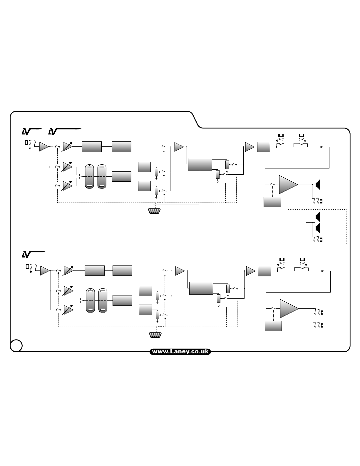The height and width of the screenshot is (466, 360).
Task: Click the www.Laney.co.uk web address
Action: click(180, 352)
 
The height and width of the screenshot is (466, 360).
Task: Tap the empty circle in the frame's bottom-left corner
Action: click(16, 345)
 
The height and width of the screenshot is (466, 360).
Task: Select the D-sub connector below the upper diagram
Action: click(154, 211)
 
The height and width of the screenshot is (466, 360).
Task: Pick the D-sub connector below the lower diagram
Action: click(155, 335)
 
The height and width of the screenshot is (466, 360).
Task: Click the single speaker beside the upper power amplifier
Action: click(317, 185)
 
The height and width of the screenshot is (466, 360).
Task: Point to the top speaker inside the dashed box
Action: click(317, 217)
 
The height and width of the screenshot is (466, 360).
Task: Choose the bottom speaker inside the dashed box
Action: click(317, 228)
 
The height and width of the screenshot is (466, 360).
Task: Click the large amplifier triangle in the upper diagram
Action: click(288, 185)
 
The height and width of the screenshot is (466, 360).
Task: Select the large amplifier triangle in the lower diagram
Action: click(289, 309)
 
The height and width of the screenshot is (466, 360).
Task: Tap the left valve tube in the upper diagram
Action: click(89, 176)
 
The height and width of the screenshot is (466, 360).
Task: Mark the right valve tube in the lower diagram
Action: click(103, 300)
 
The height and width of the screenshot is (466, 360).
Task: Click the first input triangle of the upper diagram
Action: click(43, 147)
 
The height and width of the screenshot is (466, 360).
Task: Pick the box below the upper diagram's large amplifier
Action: click(272, 202)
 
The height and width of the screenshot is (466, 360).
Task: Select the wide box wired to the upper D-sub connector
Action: click(200, 164)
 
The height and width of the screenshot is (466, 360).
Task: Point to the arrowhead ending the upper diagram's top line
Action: click(322, 147)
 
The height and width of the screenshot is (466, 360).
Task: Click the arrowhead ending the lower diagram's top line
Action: click(323, 271)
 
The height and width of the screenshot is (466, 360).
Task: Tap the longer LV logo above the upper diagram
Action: click(64, 131)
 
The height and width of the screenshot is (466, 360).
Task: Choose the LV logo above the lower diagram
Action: click(34, 254)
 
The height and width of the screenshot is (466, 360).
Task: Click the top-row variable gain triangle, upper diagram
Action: click(68, 146)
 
